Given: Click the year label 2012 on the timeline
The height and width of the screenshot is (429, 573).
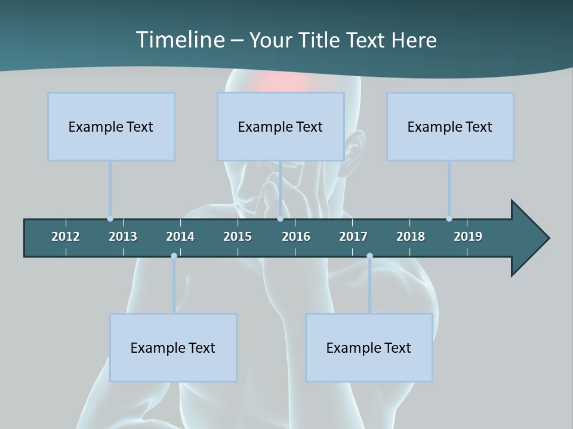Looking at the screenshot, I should point(66,237).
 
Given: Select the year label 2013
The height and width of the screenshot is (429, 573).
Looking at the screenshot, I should point(123,237).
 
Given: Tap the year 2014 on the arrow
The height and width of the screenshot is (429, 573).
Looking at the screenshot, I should point(180,237).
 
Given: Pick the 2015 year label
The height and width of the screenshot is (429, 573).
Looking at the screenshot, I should point(238,237).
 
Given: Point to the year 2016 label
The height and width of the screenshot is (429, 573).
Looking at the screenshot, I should point(296,237).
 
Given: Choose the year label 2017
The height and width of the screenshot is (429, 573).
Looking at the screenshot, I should point(353,237).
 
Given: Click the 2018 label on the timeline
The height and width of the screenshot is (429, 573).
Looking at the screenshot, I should point(411,237).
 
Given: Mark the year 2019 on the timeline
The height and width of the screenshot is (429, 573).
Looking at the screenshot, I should point(468,237).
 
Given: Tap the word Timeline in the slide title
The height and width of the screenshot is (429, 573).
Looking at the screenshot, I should point(180,40).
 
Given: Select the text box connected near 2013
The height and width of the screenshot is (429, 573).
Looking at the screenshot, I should point(111,126).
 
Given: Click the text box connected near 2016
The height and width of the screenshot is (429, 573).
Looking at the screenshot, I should point(281,126).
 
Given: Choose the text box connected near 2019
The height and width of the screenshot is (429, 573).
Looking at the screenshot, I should point(450,126).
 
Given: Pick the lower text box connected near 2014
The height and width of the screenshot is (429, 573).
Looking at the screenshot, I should point(173,347).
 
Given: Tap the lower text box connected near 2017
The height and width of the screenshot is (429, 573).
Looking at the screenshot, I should point(369,347).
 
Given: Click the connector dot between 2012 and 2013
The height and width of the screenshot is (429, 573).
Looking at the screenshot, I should point(110,219).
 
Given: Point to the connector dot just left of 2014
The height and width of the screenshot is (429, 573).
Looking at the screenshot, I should point(174,256).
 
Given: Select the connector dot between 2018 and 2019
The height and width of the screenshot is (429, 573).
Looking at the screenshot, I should point(449,219).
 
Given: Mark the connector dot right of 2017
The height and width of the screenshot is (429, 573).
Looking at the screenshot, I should point(369,256).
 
